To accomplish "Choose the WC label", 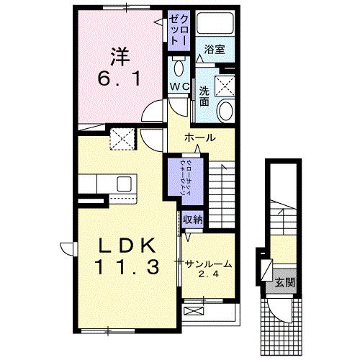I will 178,86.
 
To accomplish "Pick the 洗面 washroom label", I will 204,96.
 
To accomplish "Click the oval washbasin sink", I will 225,110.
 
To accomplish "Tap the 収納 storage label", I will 192,220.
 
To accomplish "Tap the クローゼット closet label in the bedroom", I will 178,28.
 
